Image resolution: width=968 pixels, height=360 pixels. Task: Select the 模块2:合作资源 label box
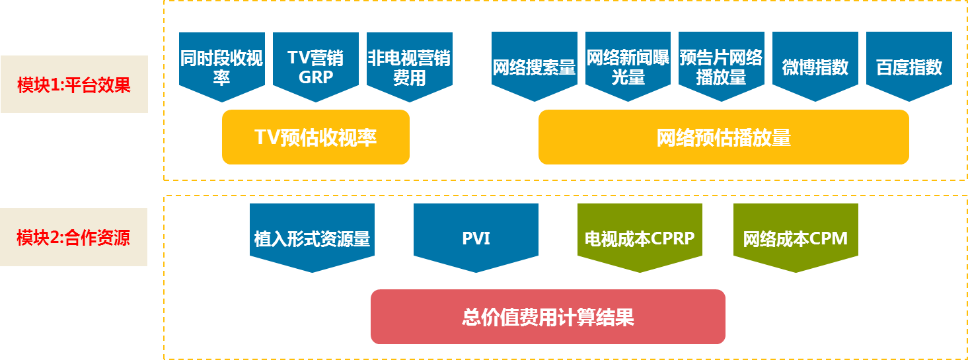[73, 237]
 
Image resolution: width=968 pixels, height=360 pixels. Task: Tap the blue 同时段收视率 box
[221, 67]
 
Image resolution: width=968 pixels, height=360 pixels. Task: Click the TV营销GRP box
[316, 67]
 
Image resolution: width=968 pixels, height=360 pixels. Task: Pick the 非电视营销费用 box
[410, 67]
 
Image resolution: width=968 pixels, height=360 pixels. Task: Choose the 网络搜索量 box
[535, 67]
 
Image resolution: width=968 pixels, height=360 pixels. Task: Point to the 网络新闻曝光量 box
[628, 67]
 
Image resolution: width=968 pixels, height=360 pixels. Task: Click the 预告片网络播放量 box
[722, 67]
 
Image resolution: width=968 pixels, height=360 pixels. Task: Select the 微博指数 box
[815, 67]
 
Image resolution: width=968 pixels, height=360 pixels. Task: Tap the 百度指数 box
[909, 67]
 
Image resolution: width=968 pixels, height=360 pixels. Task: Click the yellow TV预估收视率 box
[316, 137]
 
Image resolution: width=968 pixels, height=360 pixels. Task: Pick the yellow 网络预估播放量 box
[724, 137]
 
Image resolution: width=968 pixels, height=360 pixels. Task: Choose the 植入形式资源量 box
[312, 238]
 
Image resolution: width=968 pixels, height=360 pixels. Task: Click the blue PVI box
[476, 238]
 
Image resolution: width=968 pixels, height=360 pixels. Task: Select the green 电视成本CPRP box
[640, 238]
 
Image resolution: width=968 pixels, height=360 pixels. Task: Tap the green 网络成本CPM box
[796, 238]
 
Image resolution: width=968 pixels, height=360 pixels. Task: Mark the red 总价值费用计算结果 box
[548, 317]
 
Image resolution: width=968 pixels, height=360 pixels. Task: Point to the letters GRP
[316, 78]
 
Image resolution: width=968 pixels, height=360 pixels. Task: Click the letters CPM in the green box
[829, 238]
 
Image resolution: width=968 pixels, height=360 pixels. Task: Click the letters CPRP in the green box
[672, 238]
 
